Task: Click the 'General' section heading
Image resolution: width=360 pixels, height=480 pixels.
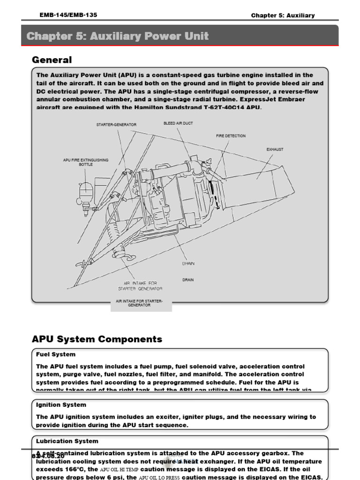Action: pyautogui.click(x=52, y=60)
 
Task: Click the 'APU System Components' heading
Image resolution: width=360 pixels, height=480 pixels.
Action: pyautogui.click(x=97, y=339)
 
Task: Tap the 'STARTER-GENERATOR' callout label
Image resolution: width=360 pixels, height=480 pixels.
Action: pyautogui.click(x=116, y=125)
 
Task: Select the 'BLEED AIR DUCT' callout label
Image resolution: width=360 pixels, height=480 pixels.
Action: pyautogui.click(x=178, y=123)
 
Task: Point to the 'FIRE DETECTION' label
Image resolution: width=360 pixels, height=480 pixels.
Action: pyautogui.click(x=231, y=136)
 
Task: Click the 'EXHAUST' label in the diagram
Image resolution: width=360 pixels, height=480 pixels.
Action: pyautogui.click(x=275, y=150)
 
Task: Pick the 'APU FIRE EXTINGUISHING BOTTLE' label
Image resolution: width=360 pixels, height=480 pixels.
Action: pyautogui.click(x=85, y=162)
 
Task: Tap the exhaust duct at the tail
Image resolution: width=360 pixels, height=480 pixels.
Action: pyautogui.click(x=272, y=183)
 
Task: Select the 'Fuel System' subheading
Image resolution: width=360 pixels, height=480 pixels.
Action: pyautogui.click(x=56, y=354)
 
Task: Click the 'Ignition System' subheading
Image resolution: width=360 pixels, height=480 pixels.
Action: pyautogui.click(x=61, y=405)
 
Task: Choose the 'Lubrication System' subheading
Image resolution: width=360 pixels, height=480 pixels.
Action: pyautogui.click(x=67, y=441)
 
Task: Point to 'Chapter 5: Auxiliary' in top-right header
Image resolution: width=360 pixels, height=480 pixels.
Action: pyautogui.click(x=283, y=15)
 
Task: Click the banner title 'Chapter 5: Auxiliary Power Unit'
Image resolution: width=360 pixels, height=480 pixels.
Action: pyautogui.click(x=118, y=36)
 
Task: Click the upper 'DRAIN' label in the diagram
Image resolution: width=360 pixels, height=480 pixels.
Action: pyautogui.click(x=188, y=263)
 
